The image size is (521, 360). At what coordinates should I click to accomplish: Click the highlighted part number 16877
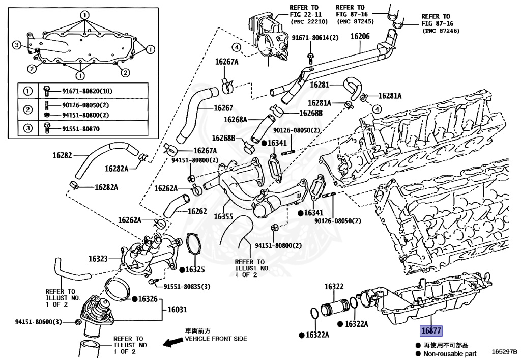pyautogui.click(x=431, y=330)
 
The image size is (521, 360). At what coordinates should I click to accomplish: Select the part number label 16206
pyautogui.click(x=360, y=36)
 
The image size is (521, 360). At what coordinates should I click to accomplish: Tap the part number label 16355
pyautogui.click(x=223, y=216)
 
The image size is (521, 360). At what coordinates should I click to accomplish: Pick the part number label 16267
pyautogui.click(x=223, y=108)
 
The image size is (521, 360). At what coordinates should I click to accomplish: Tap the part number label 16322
pyautogui.click(x=334, y=287)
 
